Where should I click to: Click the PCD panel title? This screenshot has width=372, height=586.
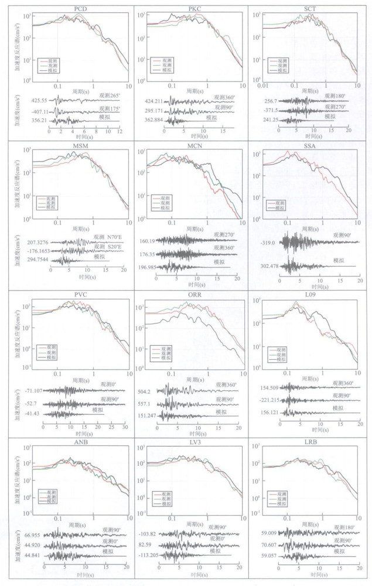[x=82, y=8]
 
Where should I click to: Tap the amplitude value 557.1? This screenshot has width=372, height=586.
[x=147, y=404]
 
